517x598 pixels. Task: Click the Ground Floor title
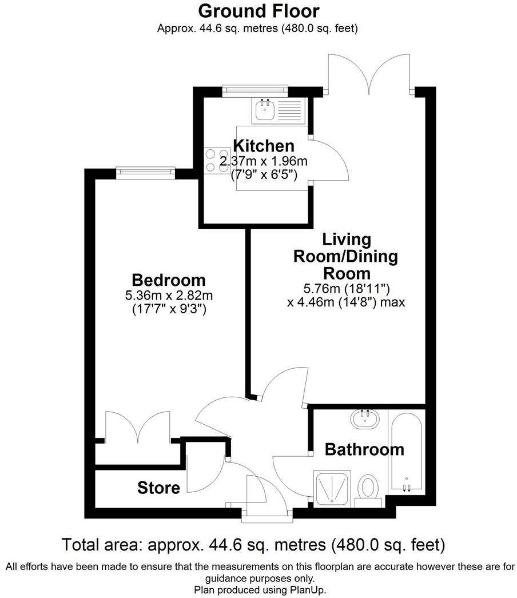pyautogui.click(x=258, y=11)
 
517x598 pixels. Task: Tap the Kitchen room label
pyautogui.click(x=264, y=146)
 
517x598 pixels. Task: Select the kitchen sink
pyautogui.click(x=264, y=110)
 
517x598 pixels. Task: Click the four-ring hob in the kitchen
pyautogui.click(x=214, y=160)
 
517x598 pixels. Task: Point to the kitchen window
pyautogui.click(x=254, y=89)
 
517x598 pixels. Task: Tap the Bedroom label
pyautogui.click(x=169, y=280)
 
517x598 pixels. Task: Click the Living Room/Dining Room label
pyautogui.click(x=345, y=256)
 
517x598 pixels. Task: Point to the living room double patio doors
pyautogui.click(x=369, y=74)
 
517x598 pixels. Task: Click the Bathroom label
pyautogui.click(x=364, y=449)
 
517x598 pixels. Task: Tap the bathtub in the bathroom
pyautogui.click(x=406, y=452)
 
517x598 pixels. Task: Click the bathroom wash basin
pyautogui.click(x=364, y=421)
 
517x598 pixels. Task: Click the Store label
pyautogui.click(x=158, y=488)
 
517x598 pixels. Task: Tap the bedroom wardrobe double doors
pyautogui.click(x=137, y=429)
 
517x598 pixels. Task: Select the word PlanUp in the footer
pyautogui.click(x=309, y=589)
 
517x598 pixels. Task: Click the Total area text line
pyautogui.click(x=253, y=543)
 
